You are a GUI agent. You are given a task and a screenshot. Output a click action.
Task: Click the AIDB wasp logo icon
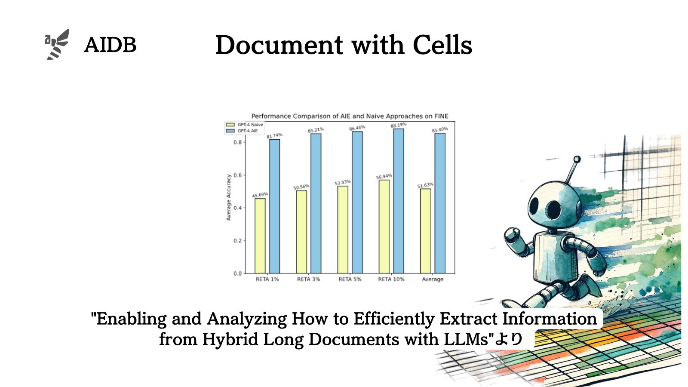click(57, 45)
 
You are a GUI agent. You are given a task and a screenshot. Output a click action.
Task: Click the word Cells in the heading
click(442, 45)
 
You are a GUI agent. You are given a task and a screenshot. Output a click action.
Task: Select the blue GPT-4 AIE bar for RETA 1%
click(275, 206)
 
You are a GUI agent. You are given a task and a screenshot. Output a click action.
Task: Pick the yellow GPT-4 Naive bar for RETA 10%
click(384, 227)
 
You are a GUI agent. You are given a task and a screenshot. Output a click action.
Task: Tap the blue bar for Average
click(440, 203)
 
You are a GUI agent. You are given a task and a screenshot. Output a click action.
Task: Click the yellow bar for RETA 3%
click(301, 232)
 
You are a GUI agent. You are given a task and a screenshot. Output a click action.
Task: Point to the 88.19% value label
click(398, 125)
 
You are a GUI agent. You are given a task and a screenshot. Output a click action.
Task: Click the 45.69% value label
click(260, 195)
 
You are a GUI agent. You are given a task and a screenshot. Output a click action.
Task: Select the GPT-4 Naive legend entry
click(245, 125)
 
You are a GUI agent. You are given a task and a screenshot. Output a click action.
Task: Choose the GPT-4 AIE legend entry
click(242, 131)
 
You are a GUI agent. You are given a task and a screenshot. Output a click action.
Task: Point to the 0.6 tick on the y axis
click(237, 175)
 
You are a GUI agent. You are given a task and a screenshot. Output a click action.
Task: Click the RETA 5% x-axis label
click(350, 279)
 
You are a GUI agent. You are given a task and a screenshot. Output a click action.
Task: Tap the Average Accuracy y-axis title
click(228, 197)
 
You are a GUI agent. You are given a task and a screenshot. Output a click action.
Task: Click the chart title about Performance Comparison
click(350, 116)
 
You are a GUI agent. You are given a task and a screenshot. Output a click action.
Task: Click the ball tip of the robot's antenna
click(577, 159)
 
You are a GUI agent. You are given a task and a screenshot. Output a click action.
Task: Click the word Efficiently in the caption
click(394, 319)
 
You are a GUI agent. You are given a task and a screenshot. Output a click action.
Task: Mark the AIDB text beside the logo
click(110, 45)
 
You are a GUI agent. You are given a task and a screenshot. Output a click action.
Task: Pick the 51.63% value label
click(425, 185)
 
